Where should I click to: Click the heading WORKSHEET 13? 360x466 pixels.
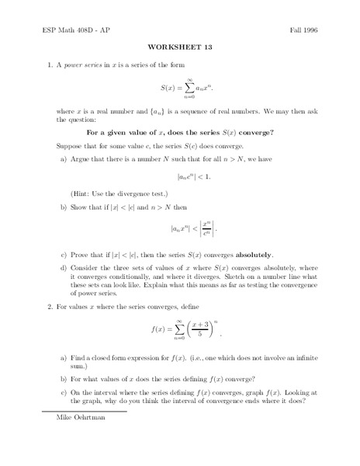pyautogui.click(x=179, y=46)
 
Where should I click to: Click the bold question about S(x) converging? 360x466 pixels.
pyautogui.click(x=179, y=131)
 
